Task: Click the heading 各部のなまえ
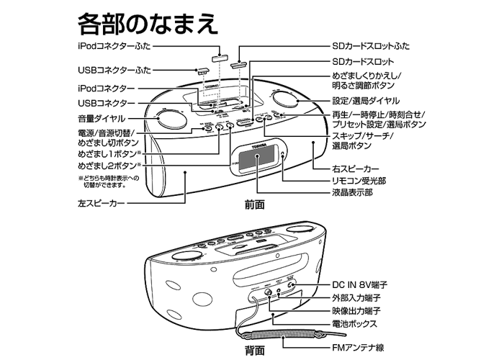[147, 22]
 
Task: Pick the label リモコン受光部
[360, 181]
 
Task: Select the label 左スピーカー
[102, 204]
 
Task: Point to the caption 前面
[254, 205]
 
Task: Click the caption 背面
[254, 351]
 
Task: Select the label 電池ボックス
[357, 323]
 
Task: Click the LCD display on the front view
[254, 161]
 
